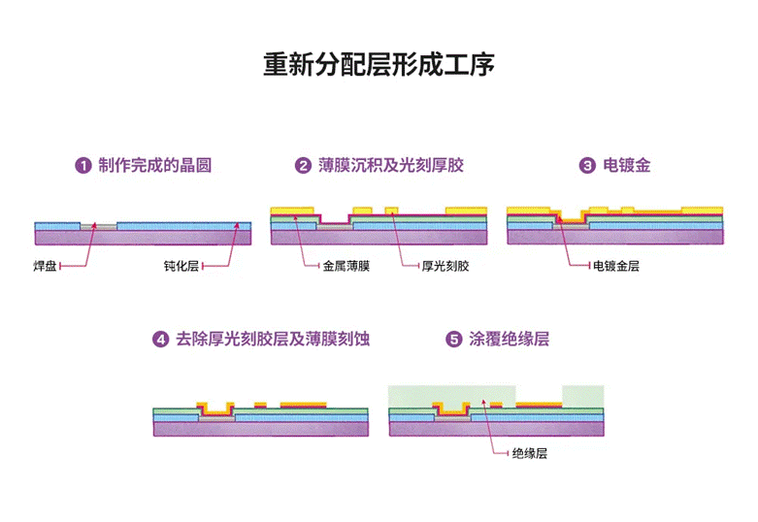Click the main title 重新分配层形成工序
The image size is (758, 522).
[x=379, y=65]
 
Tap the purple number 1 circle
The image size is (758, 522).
[x=84, y=166]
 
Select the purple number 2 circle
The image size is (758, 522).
[x=303, y=166]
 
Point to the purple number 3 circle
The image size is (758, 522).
[x=587, y=166]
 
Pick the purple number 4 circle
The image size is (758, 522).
[x=160, y=340]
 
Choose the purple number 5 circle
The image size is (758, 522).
[x=453, y=340]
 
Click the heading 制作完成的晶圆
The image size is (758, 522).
[x=154, y=166]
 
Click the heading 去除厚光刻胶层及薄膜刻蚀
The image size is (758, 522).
[x=273, y=340]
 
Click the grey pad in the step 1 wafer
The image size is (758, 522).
[x=103, y=226]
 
